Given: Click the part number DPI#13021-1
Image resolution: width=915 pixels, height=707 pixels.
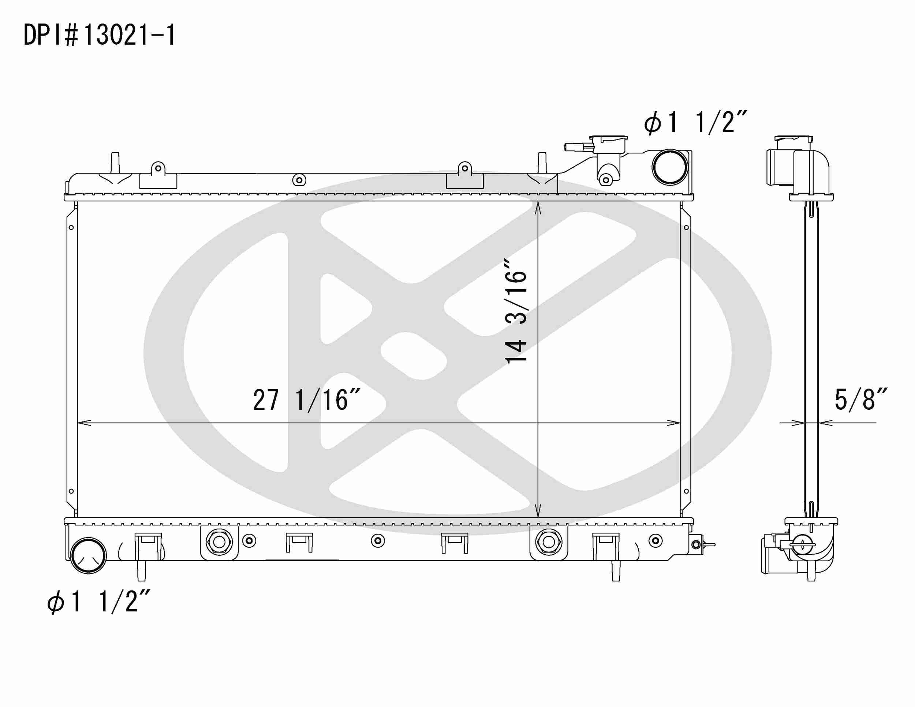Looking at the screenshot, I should pos(100,35).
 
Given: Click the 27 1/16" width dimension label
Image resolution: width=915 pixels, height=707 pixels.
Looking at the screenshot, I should pos(306,400).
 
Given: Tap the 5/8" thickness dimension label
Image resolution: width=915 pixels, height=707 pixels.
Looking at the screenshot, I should pos(860,399).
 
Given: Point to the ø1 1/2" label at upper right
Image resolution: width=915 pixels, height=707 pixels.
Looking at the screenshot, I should pos(696,122).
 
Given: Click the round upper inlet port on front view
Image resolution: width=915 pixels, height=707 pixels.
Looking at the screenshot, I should pos(670,167).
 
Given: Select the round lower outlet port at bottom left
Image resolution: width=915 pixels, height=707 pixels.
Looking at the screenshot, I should pos(89,556).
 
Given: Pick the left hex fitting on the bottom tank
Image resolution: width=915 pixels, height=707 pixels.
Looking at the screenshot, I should pos(219,542).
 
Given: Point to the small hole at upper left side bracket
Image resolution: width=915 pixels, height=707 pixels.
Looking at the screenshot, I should pos(71,228).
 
